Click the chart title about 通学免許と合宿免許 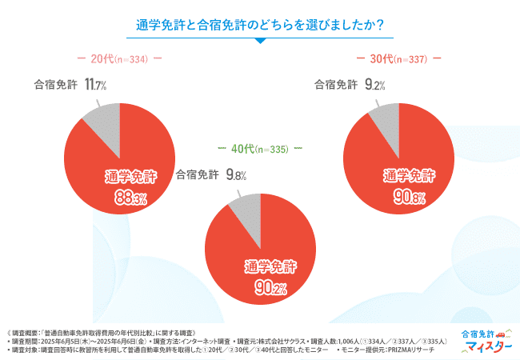point(260,25)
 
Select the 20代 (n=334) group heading point(119,58)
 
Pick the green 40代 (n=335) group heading point(260,149)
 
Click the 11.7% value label point(95,84)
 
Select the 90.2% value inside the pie point(261,288)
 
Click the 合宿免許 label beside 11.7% point(55,85)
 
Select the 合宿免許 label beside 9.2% point(335,85)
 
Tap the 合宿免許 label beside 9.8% point(197,174)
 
